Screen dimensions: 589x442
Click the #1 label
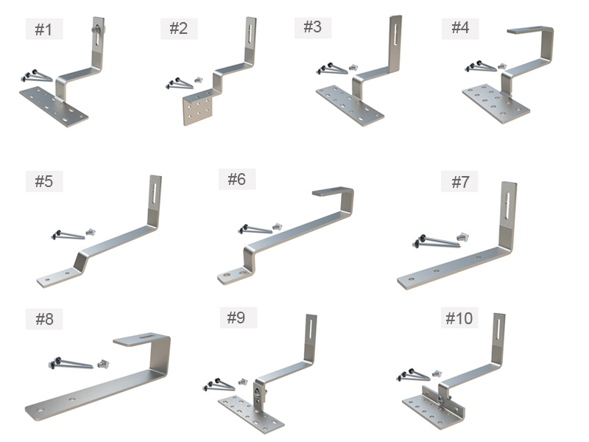[43, 29]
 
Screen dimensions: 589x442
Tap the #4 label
[460, 28]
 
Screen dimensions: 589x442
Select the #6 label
[237, 179]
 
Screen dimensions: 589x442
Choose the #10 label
[459, 318]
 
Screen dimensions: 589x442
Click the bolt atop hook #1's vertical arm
[98, 29]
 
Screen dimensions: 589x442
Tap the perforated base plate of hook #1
[54, 107]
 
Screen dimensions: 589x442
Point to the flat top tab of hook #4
[529, 30]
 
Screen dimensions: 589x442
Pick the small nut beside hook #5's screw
[91, 231]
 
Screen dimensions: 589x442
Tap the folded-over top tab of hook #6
[331, 192]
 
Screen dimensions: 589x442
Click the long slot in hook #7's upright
[508, 206]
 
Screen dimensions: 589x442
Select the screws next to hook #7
[437, 242]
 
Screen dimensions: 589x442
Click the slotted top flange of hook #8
[141, 340]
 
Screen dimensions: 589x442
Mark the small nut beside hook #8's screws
[103, 363]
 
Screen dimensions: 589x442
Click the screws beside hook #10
[413, 375]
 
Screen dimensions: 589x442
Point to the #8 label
[44, 319]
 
